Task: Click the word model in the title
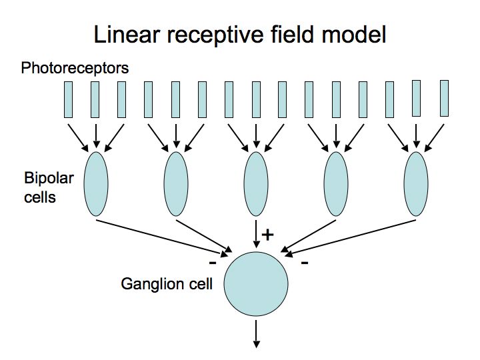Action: pos(357,35)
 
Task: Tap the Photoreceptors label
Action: pos(75,68)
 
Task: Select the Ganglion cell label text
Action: pos(167,285)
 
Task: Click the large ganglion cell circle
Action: pos(256,283)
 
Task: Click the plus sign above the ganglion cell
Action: pos(269,235)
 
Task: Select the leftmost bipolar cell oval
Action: pos(96,184)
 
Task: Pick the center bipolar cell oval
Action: pos(256,184)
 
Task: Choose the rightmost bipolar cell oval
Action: pos(416,184)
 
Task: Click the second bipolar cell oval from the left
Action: pos(176,184)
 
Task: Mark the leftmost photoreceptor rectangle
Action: pos(69,99)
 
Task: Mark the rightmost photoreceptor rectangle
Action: pos(444,97)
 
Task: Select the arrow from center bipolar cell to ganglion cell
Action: pos(256,233)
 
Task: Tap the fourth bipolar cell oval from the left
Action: pos(336,184)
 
